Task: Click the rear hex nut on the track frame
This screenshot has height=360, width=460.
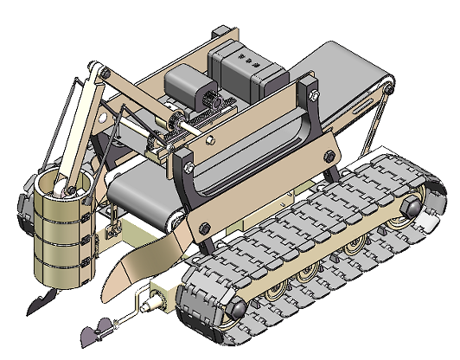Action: [x=409, y=206]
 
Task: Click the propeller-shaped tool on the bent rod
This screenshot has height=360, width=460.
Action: [x=94, y=330]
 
